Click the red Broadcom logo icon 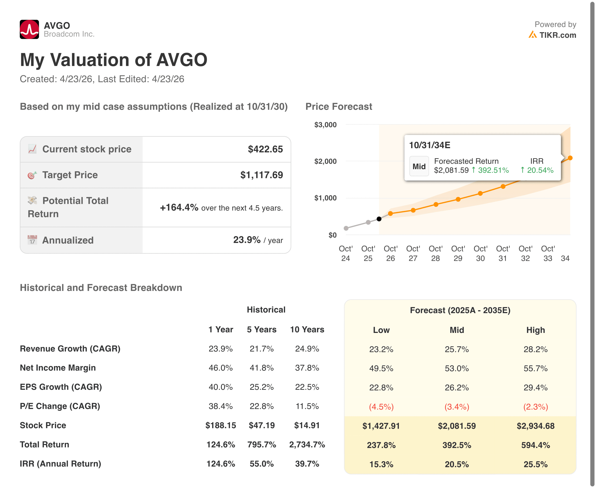point(29,29)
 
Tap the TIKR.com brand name point(557,35)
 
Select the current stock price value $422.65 point(265,149)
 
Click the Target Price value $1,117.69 point(261,175)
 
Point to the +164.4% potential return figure point(179,208)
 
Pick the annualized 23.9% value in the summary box point(247,240)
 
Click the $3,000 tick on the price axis point(325,125)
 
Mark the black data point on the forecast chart point(379,219)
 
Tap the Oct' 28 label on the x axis point(435,253)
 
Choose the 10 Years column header point(307,330)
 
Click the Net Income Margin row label point(58,368)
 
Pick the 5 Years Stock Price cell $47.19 point(261,425)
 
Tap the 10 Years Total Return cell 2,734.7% point(307,445)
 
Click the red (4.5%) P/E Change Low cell point(381,407)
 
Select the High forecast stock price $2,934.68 point(535,426)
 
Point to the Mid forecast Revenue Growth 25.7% point(456,349)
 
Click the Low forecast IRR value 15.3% point(381,464)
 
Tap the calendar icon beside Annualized point(32,240)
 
